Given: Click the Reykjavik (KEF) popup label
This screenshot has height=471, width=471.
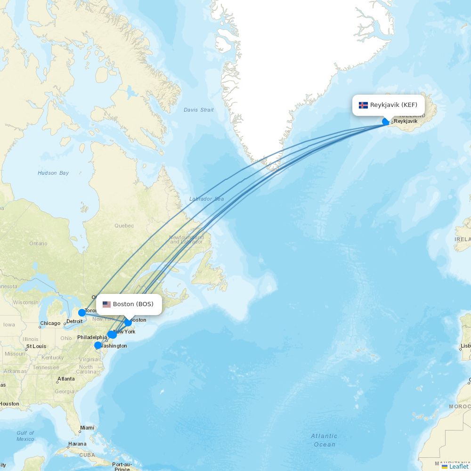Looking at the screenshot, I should [388, 105].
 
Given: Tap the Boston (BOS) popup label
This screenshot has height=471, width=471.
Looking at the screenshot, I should [129, 304].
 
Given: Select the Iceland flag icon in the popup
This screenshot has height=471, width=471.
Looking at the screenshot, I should [363, 105].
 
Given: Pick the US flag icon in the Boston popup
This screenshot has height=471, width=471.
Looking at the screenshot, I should [106, 304].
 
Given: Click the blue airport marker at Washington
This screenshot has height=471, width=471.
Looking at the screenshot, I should [98, 345].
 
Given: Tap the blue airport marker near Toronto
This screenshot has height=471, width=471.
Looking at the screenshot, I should [82, 313].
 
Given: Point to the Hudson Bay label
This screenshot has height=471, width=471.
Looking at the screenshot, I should [53, 173].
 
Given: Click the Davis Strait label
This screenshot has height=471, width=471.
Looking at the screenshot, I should [198, 110].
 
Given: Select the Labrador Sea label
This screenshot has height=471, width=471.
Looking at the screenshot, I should [206, 199].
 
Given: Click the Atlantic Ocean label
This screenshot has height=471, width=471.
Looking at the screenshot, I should [324, 440].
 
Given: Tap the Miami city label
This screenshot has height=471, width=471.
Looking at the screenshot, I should [87, 428].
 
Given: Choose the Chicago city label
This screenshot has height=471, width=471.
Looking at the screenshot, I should [50, 323].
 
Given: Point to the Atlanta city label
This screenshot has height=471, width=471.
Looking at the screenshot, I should [66, 379].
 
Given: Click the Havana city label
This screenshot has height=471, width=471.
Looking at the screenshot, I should [77, 444].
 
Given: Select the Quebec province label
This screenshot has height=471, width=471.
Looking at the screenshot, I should [124, 226].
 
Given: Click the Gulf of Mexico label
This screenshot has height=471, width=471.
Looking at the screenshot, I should [25, 436].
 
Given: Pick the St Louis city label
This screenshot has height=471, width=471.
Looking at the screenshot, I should [36, 346].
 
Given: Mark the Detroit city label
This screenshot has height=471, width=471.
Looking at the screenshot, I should [74, 321].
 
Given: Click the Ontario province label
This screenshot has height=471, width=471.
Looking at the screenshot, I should [38, 244].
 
